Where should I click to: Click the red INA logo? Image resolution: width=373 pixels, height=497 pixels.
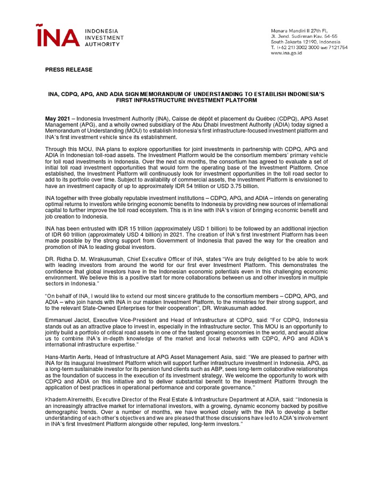(58, 35)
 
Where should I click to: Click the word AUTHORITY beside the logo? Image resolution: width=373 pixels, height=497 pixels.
(102, 44)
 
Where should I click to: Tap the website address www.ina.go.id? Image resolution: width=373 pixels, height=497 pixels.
(287, 53)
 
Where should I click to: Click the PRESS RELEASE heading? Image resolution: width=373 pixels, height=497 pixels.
(68, 70)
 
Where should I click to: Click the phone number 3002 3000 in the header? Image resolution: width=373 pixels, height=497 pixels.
(304, 48)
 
